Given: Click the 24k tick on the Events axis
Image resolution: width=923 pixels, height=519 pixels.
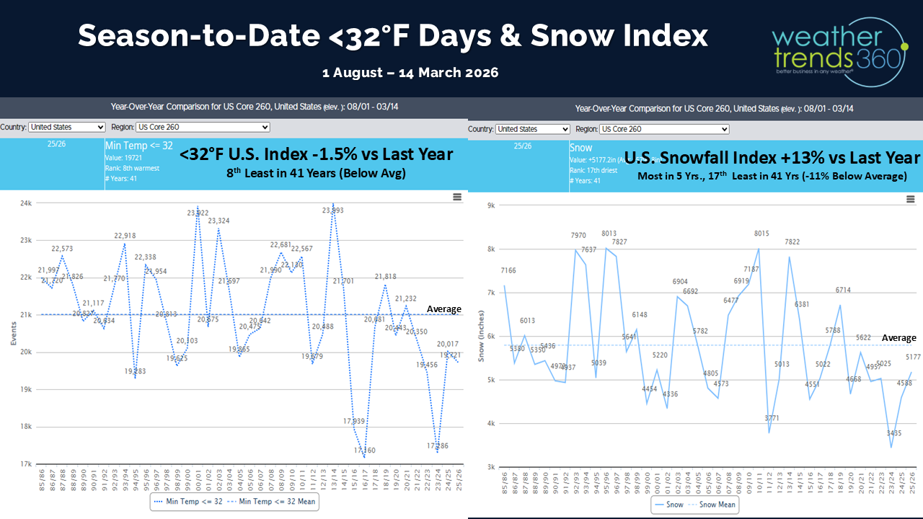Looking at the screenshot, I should (25, 203).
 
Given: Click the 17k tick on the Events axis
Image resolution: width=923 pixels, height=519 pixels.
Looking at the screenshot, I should (25, 463).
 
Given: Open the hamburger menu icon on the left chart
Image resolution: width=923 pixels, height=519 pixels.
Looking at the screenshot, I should (456, 197).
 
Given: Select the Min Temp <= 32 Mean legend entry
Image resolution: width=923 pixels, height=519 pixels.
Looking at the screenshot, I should (270, 501).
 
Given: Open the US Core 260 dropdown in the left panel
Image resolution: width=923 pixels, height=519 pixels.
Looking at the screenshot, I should (203, 127).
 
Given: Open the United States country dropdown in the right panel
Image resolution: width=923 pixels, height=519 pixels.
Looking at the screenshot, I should (532, 129).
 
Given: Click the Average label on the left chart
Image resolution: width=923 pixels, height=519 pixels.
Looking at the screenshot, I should (443, 309).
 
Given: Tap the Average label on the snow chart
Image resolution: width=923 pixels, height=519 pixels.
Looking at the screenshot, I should (898, 337).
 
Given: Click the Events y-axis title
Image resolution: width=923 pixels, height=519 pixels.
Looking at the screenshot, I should (13, 333).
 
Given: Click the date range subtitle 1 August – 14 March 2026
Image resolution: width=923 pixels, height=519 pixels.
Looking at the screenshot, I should (410, 72).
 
